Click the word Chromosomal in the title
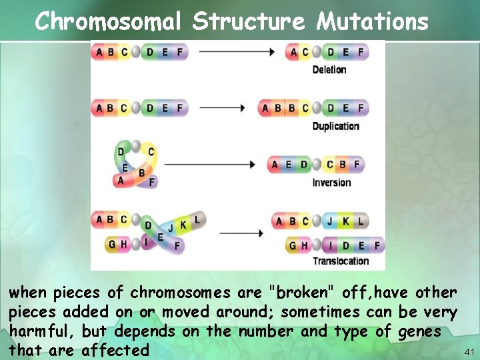click(107, 22)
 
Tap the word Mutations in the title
click(373, 22)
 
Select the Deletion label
click(329, 70)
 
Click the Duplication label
click(335, 127)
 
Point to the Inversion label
click(331, 183)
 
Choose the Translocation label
click(340, 261)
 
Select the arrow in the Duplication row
click(223, 108)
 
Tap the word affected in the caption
click(115, 350)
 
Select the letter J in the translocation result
click(329, 221)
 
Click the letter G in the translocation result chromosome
click(292, 246)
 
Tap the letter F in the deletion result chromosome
click(361, 52)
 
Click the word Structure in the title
click(249, 22)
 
